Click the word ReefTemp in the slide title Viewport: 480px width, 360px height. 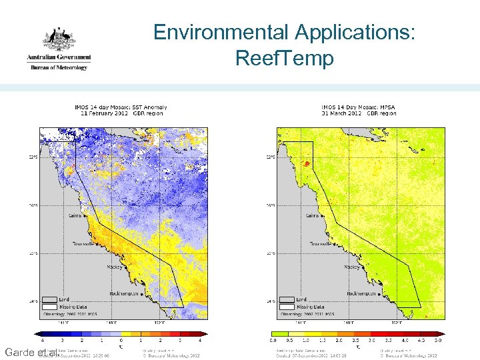point(284,59)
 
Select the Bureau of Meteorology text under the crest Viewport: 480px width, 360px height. point(58,67)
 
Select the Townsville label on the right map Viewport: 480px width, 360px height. point(325,244)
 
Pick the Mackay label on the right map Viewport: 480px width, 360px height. point(351,267)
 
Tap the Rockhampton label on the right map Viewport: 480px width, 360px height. point(363,293)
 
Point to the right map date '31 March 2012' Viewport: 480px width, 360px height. point(342,113)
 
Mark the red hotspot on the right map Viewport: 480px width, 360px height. point(307,163)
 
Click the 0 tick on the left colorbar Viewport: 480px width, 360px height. point(121,341)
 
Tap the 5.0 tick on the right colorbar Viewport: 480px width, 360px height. point(437,341)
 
